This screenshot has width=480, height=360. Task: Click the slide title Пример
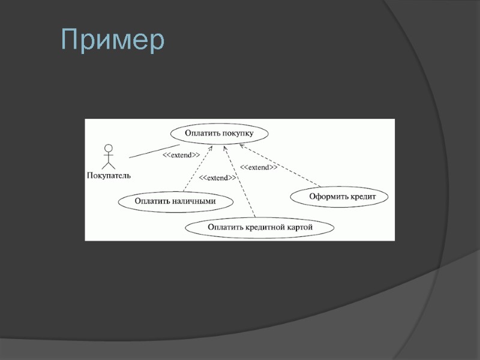coord(113,40)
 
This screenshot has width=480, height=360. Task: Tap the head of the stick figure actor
coord(109,148)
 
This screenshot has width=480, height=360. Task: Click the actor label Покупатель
coord(109,176)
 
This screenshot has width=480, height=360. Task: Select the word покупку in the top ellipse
coord(237,133)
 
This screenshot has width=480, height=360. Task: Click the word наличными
coord(195,201)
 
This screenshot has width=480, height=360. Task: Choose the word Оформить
coord(328,196)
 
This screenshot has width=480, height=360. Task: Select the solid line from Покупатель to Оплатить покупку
coord(154,151)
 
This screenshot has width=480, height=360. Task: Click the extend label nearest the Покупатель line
coord(181,155)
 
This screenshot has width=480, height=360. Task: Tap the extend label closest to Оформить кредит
coord(259,167)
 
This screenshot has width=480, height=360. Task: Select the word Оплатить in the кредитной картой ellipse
coord(224,227)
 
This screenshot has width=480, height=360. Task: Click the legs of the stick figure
coord(109,164)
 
